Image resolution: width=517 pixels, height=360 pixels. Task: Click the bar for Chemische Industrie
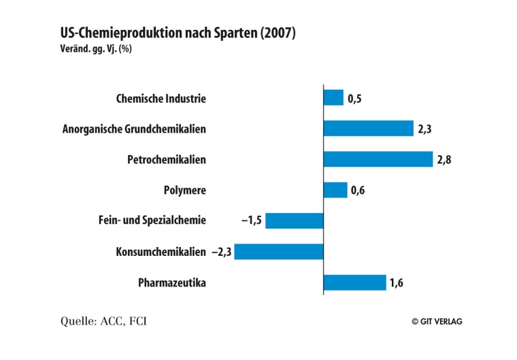(x=333, y=98)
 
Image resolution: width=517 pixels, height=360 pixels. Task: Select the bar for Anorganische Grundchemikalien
(x=368, y=129)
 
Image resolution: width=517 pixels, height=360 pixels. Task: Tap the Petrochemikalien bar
(x=378, y=159)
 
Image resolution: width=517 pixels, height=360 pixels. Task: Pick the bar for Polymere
(x=335, y=190)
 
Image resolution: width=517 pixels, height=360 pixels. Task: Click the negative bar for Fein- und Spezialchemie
(x=294, y=220)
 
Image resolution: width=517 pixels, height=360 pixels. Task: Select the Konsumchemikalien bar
(x=278, y=252)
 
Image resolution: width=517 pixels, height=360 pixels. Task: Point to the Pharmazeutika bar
(x=354, y=282)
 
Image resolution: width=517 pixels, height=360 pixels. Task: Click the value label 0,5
(x=354, y=99)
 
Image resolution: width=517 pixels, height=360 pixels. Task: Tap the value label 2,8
(x=444, y=160)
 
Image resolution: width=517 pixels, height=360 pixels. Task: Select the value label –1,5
(x=251, y=220)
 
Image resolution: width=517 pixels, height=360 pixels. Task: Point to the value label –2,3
(x=221, y=252)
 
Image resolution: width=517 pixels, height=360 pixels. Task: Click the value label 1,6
(x=397, y=283)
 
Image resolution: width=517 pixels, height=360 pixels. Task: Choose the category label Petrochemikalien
(x=166, y=160)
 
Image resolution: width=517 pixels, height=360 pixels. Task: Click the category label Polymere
(x=184, y=191)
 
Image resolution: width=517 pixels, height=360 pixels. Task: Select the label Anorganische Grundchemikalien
(x=134, y=129)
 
